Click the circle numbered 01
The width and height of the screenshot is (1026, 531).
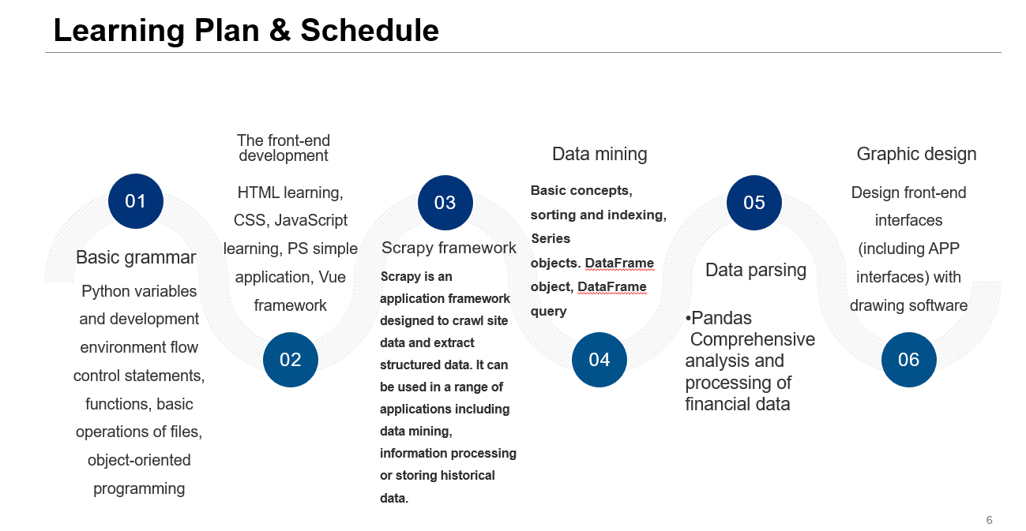136,201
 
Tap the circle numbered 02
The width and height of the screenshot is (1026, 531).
291,360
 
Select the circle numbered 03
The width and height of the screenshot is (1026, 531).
445,203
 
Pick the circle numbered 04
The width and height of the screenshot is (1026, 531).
599,360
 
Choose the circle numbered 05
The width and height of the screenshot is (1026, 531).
754,203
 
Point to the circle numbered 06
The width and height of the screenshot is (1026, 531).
909,360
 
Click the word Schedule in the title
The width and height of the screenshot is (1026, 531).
370,30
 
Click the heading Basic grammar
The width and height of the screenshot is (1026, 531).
136,257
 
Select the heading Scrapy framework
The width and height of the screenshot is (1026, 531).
449,248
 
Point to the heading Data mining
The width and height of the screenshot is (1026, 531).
599,154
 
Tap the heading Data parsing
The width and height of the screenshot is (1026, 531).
756,270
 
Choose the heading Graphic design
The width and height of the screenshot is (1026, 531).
916,154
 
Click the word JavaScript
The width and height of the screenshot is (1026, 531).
311,220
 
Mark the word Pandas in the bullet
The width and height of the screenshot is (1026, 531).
721,318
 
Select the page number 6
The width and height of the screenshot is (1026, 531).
990,520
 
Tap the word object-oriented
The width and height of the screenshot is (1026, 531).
139,460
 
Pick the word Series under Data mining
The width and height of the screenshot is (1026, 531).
551,239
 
